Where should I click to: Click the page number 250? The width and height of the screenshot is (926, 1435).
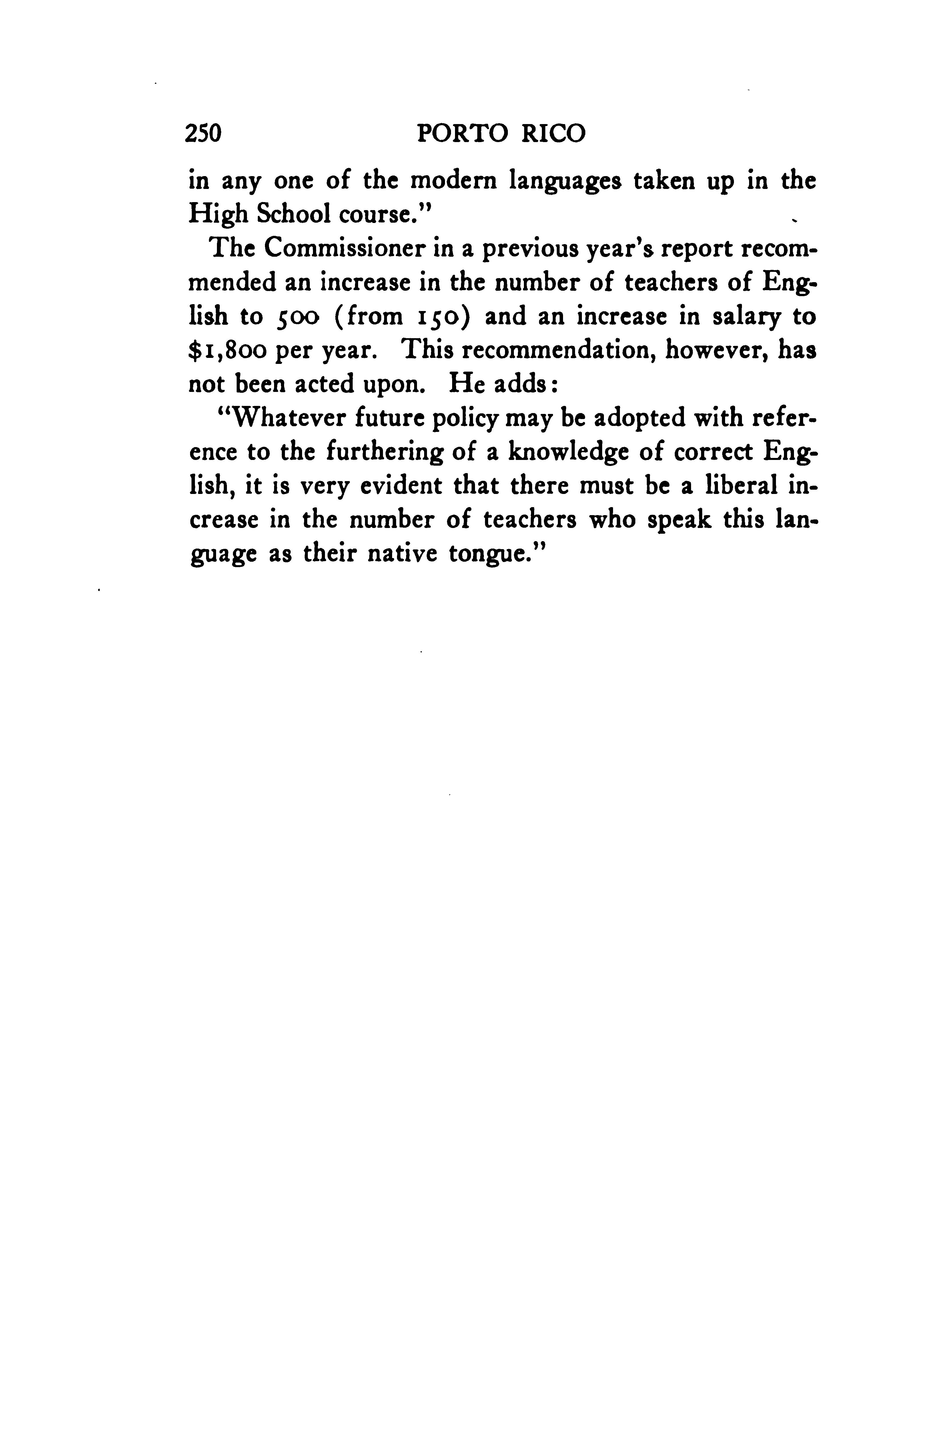(204, 133)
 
